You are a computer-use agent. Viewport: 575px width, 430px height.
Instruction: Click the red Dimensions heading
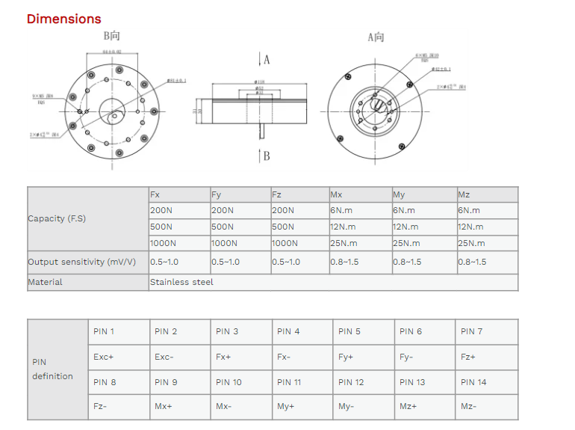[63, 19]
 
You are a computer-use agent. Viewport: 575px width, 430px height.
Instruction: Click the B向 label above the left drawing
[112, 36]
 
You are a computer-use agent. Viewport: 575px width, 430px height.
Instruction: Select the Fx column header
[155, 194]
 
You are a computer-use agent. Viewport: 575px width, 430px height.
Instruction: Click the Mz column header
[464, 194]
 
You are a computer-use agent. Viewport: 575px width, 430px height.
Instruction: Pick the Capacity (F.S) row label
[57, 219]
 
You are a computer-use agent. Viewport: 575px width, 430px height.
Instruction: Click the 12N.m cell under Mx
[344, 227]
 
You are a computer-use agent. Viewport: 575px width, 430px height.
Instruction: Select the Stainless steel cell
[181, 282]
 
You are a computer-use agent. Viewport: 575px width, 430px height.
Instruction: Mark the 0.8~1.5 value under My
[407, 262]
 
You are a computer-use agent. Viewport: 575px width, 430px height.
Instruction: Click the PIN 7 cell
[472, 331]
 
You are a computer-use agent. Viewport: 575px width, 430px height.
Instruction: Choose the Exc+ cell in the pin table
[104, 357]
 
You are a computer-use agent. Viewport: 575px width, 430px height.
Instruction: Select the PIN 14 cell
[473, 382]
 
